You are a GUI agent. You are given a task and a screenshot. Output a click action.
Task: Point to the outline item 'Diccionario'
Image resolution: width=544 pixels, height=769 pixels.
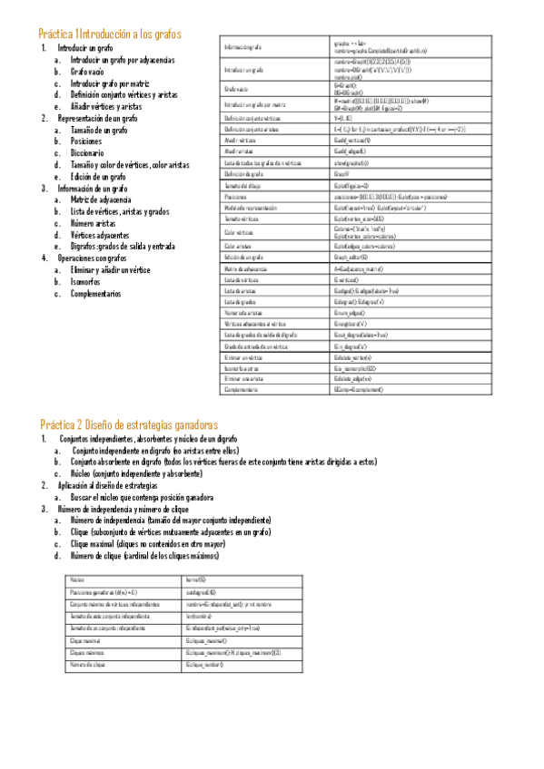pyautogui.click(x=93, y=153)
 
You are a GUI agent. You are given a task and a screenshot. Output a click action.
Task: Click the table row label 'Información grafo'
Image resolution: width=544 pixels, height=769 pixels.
pyautogui.click(x=242, y=47)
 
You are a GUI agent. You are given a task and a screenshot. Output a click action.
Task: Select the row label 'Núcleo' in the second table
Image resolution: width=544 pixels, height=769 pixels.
pyautogui.click(x=76, y=578)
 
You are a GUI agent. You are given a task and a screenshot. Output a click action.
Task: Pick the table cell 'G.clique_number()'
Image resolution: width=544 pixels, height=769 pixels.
pyautogui.click(x=203, y=666)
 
